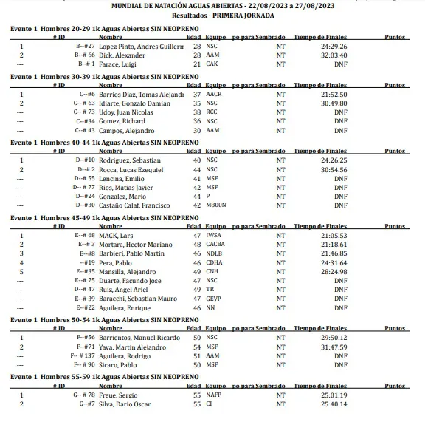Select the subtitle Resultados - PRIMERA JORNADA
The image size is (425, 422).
tap(212, 14)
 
